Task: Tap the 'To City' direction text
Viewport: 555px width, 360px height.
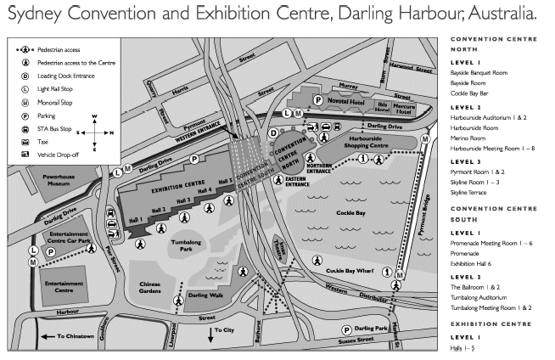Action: (223, 329)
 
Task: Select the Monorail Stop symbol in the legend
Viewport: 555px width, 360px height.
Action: (25, 102)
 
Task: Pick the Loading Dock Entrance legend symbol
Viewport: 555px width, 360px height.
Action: (25, 75)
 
